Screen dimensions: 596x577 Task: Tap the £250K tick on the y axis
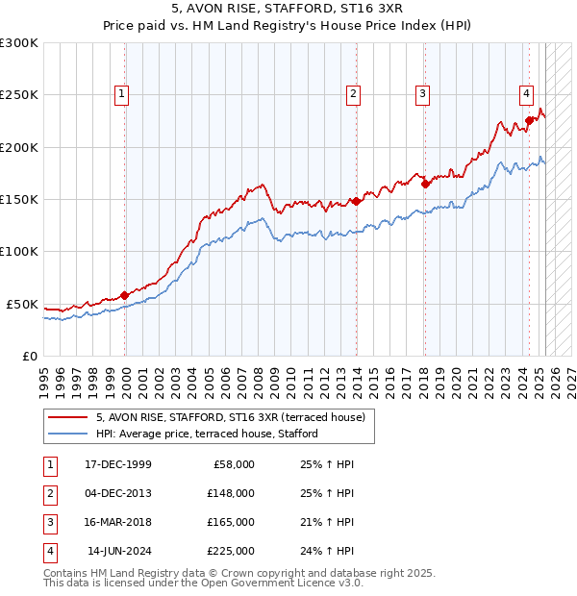[19, 95]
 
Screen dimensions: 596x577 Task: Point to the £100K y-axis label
[19, 251]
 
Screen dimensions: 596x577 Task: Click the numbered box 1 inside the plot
[122, 94]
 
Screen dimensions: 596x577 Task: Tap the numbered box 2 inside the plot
[354, 94]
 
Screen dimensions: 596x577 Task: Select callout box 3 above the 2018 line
[422, 94]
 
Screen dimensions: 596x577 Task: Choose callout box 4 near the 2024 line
[527, 94]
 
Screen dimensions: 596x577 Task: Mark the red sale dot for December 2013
[356, 201]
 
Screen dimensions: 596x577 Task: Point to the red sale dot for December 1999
[125, 295]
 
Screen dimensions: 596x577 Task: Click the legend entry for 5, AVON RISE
[231, 418]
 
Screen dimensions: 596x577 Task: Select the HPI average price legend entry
[206, 435]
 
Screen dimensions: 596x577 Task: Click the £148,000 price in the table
[230, 493]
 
